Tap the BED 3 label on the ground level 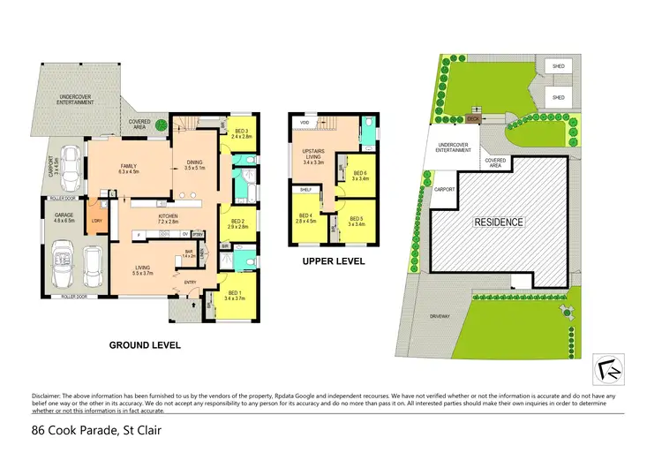pyautogui.click(x=242, y=133)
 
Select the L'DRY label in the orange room pyautogui.click(x=96, y=220)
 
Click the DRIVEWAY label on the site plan pyautogui.click(x=441, y=313)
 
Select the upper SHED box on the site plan pyautogui.click(x=557, y=66)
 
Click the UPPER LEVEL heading pyautogui.click(x=334, y=261)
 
